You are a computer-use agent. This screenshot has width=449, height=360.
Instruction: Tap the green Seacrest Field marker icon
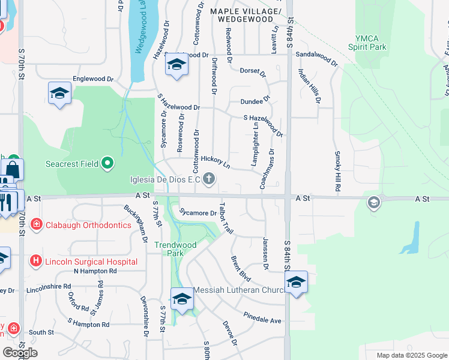point(107,163)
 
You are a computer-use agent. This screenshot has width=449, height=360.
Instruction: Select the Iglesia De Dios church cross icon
point(209,179)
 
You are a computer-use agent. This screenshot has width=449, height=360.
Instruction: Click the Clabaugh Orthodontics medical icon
point(37,225)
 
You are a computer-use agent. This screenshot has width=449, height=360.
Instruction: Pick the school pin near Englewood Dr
point(60,93)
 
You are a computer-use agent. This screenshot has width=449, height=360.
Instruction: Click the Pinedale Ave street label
point(262,317)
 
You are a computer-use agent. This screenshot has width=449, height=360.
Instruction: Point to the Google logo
point(20,353)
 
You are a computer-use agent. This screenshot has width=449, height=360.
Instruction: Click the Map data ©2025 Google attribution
point(411,355)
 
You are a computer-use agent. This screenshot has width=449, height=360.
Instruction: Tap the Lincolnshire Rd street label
point(52,287)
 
